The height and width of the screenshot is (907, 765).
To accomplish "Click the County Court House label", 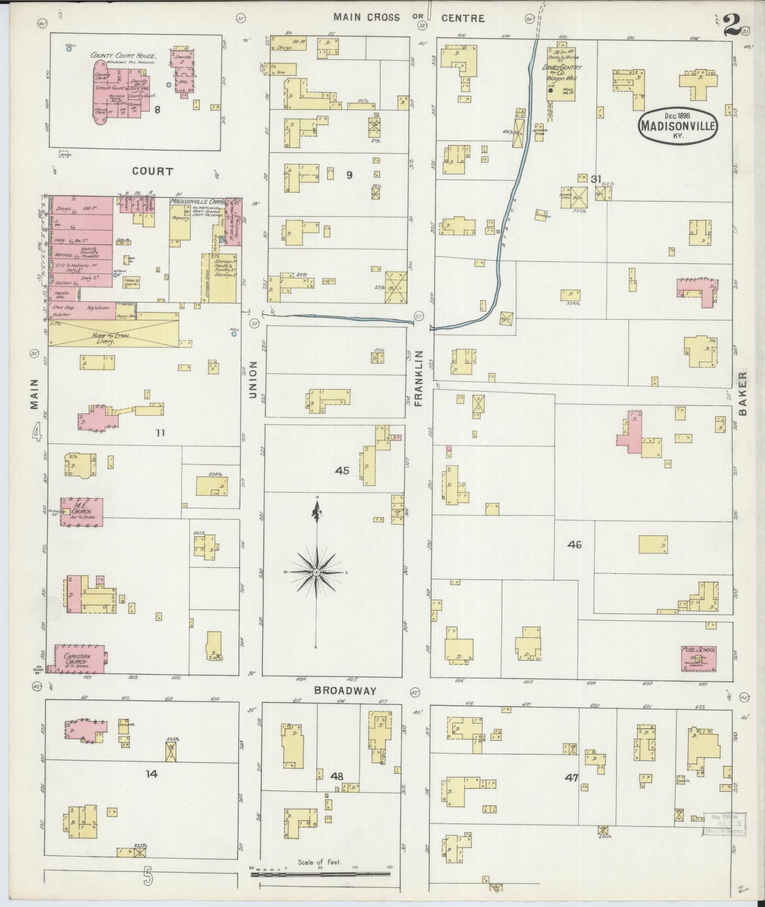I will tap(123, 55).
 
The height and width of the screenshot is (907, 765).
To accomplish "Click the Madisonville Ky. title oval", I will tap(678, 125).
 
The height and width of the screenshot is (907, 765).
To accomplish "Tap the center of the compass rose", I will tap(316, 573).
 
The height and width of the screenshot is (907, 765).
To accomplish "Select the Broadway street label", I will tap(345, 691).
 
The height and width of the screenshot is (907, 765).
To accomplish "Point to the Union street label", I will tap(253, 379).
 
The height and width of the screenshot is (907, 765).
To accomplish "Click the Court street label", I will tap(152, 171).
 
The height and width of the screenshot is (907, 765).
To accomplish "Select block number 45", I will tap(342, 470).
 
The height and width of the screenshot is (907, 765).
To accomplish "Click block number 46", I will tap(574, 544).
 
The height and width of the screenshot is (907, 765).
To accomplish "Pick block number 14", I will tap(151, 774).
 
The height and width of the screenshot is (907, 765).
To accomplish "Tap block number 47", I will tap(572, 777).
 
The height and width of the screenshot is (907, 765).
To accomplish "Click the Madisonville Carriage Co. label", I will tap(205, 202).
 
